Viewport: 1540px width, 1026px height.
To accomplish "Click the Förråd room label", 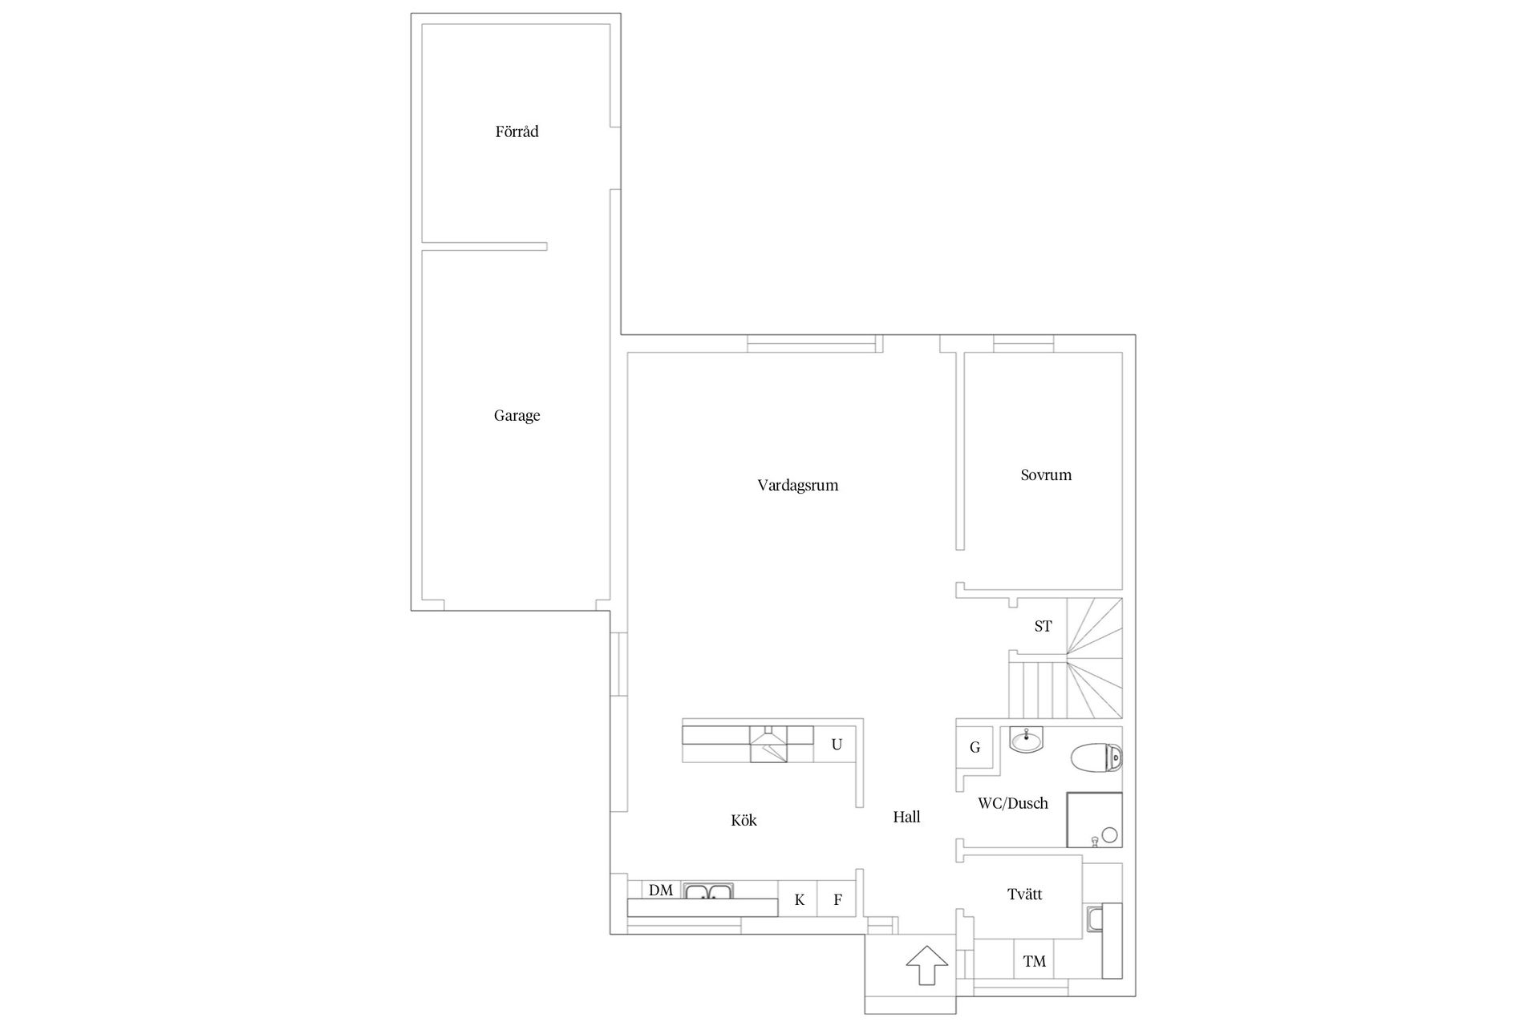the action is pos(517,131).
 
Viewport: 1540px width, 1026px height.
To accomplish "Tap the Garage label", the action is pos(517,415).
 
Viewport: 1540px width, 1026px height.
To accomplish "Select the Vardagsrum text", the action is pos(797,485).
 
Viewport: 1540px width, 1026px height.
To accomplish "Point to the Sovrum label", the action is pos(1046,475).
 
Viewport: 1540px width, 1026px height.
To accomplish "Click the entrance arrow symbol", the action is pos(926,966).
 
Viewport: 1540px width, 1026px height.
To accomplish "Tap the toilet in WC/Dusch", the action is pos(1096,757).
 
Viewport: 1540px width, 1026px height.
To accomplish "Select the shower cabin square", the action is pos(1094,820).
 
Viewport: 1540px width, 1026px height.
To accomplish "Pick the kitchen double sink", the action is pos(708,891).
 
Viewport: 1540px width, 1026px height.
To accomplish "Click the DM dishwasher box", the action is pos(662,890).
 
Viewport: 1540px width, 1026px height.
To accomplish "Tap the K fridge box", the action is pos(799,899).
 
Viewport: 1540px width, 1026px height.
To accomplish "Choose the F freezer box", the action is pos(837,899).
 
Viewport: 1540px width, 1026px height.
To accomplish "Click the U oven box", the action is pos(837,745).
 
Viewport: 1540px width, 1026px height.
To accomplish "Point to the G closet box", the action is pos(975,747).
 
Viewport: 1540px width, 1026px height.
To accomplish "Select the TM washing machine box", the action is pos(1035,961).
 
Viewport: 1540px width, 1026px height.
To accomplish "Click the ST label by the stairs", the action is pos(1043,626).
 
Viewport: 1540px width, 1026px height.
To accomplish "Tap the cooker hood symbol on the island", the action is pos(769,744).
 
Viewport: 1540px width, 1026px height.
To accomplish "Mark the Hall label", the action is pos(906,817).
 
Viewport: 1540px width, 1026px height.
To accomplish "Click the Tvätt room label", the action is pos(1024,894).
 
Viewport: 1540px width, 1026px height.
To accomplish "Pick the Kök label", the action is pos(744,820).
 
